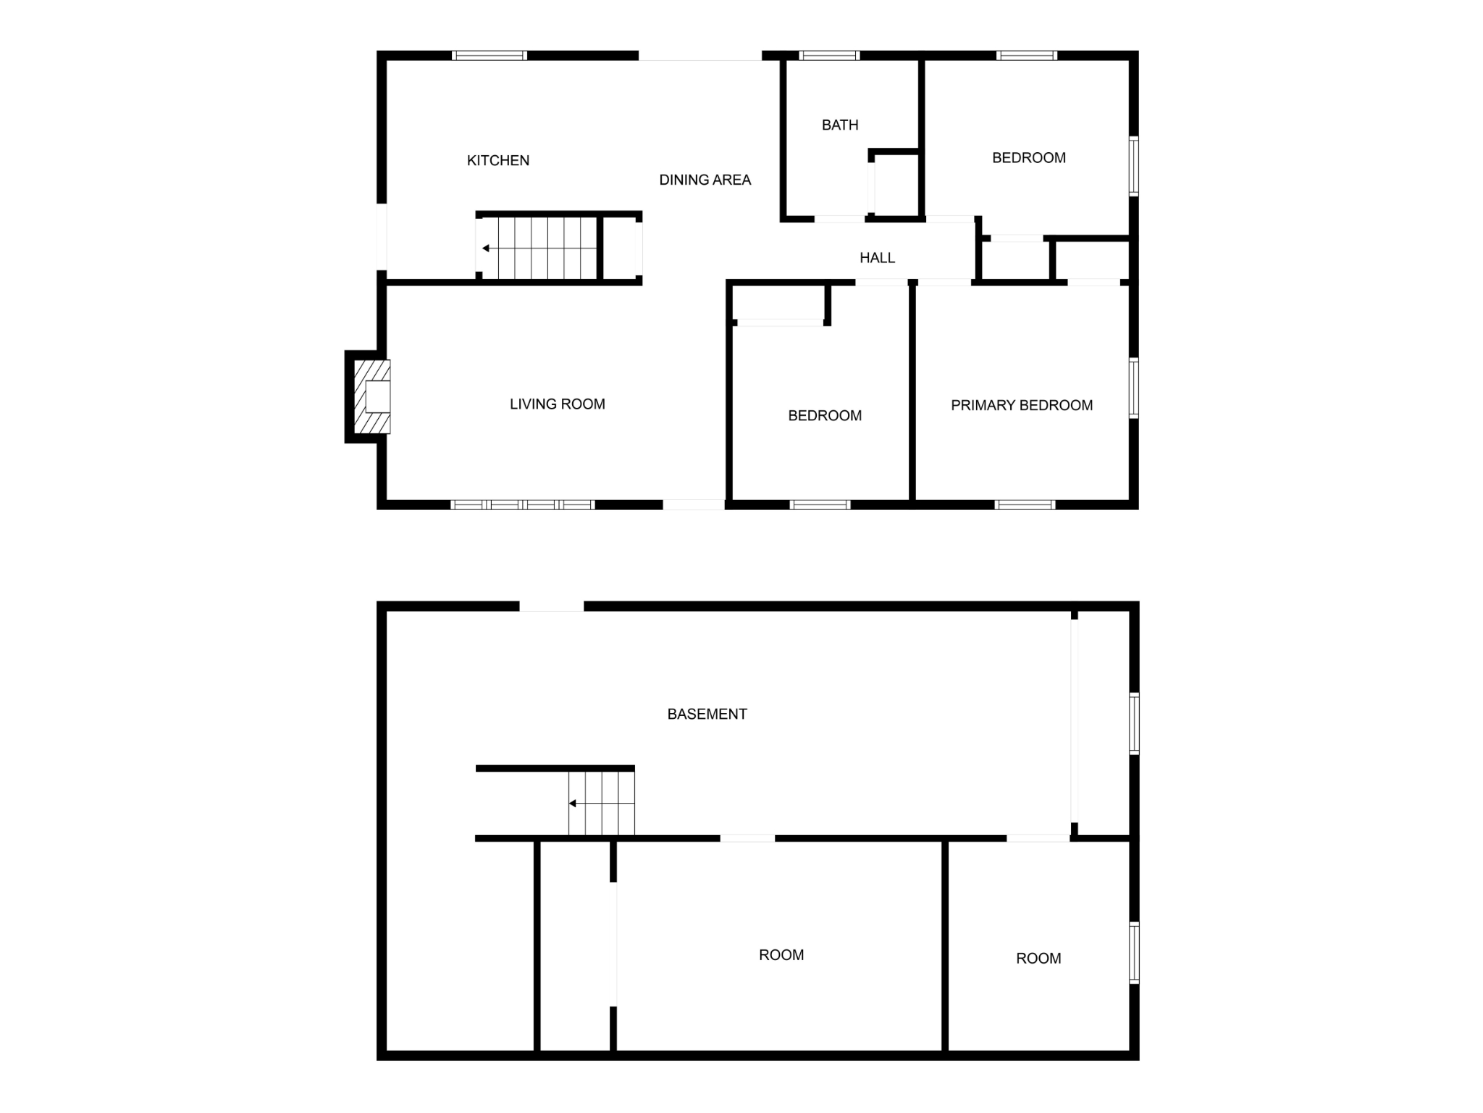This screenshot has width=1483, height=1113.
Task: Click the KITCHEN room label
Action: click(x=497, y=160)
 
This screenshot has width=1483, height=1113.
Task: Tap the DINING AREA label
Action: click(x=705, y=180)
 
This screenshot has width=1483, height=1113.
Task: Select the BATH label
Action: click(x=840, y=125)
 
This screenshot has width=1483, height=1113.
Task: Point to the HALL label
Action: click(x=877, y=257)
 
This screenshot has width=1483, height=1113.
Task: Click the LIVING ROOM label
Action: click(x=557, y=404)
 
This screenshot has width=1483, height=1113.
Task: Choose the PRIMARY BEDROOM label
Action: click(x=1021, y=405)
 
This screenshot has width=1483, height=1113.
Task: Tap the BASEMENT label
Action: click(x=707, y=714)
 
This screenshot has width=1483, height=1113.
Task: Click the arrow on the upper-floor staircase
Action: click(x=486, y=249)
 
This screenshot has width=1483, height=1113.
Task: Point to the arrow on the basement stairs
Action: click(x=572, y=803)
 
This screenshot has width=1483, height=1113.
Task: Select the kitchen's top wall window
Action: click(x=490, y=55)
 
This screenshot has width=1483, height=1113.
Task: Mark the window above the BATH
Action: click(x=829, y=55)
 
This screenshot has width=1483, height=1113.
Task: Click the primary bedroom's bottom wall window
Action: click(x=1025, y=504)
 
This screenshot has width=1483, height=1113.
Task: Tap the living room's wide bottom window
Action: click(x=522, y=504)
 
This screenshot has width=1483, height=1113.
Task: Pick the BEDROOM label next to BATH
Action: click(x=1028, y=157)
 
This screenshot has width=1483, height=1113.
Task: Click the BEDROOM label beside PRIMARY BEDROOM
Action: click(x=824, y=415)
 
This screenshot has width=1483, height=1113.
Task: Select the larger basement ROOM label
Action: click(x=781, y=954)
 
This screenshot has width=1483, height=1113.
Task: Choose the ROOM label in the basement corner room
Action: click(x=1038, y=958)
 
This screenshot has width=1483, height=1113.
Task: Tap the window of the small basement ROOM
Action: click(x=1134, y=952)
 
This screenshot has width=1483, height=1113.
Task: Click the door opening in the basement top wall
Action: click(x=551, y=606)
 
